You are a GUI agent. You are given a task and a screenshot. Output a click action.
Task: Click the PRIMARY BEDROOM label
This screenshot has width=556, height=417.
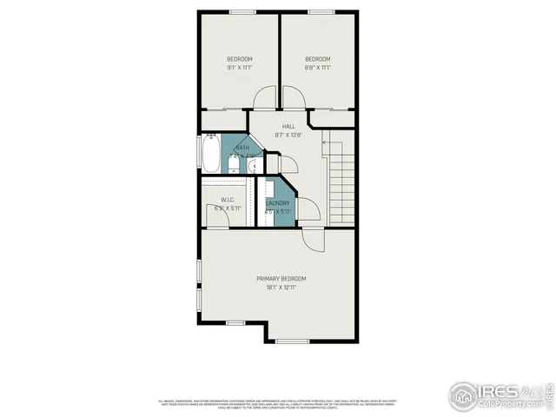pyautogui.click(x=281, y=278)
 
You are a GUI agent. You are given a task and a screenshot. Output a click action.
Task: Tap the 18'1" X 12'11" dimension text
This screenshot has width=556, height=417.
pyautogui.click(x=281, y=287)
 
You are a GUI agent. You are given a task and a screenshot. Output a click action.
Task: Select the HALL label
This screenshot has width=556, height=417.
pyautogui.click(x=288, y=127)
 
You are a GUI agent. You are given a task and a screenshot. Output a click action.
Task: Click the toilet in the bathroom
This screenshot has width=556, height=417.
pyautogui.click(x=233, y=165)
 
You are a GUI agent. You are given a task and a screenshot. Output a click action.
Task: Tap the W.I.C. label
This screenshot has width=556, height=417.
pyautogui.click(x=228, y=200)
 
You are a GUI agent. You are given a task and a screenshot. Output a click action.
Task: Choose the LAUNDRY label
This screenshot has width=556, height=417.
pyautogui.click(x=278, y=203)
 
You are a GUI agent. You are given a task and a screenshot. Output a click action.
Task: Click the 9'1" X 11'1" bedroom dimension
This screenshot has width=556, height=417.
pyautogui.click(x=239, y=67)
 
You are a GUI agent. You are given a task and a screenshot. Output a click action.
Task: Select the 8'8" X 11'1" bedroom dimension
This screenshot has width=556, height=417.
pyautogui.click(x=317, y=67)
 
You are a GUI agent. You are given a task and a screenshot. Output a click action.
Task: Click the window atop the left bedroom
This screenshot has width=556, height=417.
pyautogui.click(x=241, y=11)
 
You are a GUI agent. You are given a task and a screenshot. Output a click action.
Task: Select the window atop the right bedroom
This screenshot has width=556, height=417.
pyautogui.click(x=319, y=11)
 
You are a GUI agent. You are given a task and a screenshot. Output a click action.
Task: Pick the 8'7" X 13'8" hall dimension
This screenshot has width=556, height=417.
pyautogui.click(x=288, y=135)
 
